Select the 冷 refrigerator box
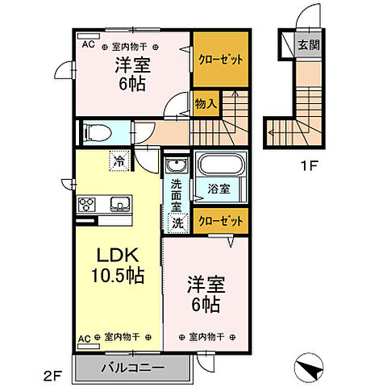(119, 161)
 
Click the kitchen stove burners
(86, 204)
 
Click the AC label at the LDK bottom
(85, 338)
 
